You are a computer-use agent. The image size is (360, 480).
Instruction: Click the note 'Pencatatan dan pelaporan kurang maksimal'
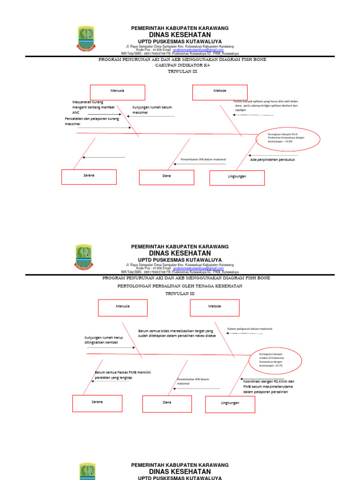(x=91, y=121)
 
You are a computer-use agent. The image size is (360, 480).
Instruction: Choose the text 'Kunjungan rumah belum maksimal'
(x=150, y=110)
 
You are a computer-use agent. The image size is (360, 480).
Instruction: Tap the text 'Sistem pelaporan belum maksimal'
(x=249, y=329)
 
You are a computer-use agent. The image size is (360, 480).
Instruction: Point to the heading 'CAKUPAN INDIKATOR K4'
(x=180, y=66)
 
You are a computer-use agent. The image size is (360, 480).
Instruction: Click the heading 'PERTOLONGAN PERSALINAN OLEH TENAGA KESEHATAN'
(x=180, y=285)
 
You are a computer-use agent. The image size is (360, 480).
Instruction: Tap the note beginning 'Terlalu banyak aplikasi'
(x=265, y=105)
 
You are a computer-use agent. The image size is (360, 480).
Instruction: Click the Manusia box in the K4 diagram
(x=118, y=92)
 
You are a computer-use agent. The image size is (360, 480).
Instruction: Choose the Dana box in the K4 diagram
(x=166, y=177)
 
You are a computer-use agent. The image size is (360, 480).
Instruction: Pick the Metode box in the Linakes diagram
(x=214, y=307)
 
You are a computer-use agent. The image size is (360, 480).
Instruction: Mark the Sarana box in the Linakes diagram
(x=97, y=403)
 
